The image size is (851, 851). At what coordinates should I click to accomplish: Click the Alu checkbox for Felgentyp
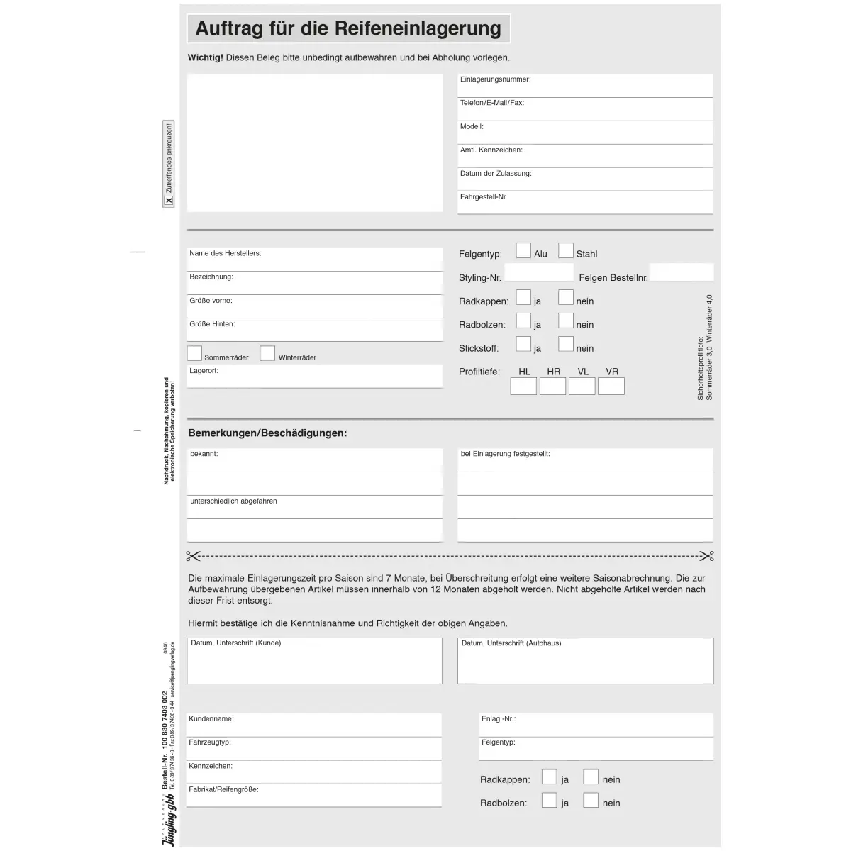tap(523, 250)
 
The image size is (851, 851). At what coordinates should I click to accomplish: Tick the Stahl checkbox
tap(565, 250)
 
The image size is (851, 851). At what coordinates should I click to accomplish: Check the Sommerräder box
tap(194, 353)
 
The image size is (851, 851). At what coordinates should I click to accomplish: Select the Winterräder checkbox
tap(267, 353)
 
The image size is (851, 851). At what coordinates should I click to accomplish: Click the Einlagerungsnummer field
tap(585, 86)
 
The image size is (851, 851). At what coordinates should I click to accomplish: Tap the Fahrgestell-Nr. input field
tap(585, 203)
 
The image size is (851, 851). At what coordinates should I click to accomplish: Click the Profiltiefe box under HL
tap(523, 386)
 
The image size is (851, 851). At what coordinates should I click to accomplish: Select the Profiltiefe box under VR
tap(611, 386)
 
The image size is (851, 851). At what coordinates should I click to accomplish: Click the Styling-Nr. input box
tap(539, 273)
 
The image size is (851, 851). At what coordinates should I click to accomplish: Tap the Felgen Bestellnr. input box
tap(681, 273)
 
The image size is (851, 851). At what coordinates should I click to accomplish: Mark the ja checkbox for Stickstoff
tap(523, 344)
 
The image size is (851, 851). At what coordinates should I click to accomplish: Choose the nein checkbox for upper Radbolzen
tap(565, 321)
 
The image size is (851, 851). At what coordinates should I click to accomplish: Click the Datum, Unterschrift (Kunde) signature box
tap(314, 661)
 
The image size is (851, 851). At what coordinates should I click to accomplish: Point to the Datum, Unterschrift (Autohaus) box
tap(585, 661)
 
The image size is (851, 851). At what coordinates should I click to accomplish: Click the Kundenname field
tap(313, 725)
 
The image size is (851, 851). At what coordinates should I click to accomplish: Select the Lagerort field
tap(314, 377)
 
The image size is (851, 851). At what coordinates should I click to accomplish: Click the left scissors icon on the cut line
tap(194, 556)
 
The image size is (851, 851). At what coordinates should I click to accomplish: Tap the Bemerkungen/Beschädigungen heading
tap(267, 433)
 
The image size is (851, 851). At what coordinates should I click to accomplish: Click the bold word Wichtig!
tap(205, 58)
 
